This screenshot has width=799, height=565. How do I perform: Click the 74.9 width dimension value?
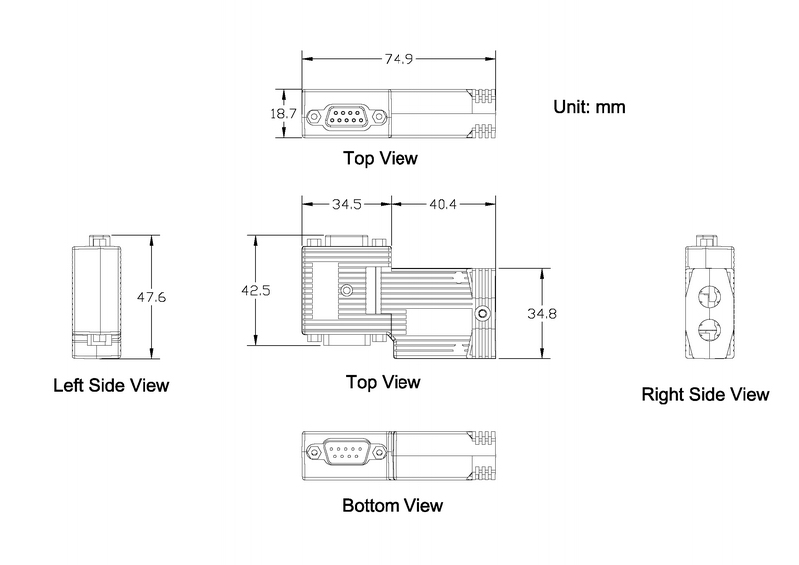coord(399,59)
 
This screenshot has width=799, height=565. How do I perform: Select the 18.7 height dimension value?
coord(283,113)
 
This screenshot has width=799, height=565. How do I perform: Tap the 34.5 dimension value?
coord(347,204)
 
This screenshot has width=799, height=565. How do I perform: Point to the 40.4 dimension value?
coord(443,204)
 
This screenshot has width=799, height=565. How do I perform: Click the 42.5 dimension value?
coord(256,290)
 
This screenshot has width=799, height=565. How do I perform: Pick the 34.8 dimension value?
coord(542,313)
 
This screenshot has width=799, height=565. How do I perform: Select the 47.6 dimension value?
coord(151,297)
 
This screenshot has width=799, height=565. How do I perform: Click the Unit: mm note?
coord(589,107)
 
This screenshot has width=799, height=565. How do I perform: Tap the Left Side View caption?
coord(111,385)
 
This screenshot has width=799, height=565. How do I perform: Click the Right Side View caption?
coord(705,395)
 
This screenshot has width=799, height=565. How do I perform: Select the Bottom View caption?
coord(393,506)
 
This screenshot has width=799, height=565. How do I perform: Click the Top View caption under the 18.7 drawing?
coord(381,158)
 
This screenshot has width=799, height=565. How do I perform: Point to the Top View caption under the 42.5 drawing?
coord(384,382)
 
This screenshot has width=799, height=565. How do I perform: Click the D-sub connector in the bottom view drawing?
coord(346,452)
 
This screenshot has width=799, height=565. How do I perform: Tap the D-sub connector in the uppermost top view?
coord(346,117)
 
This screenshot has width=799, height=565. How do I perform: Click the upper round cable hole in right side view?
coord(709,297)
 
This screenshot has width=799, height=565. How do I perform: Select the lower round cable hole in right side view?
coord(709,329)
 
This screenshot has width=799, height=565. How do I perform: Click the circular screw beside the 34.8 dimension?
coord(482,313)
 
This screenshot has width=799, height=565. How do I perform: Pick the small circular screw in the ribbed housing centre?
coord(346,290)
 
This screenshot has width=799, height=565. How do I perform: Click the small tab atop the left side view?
coord(99,241)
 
